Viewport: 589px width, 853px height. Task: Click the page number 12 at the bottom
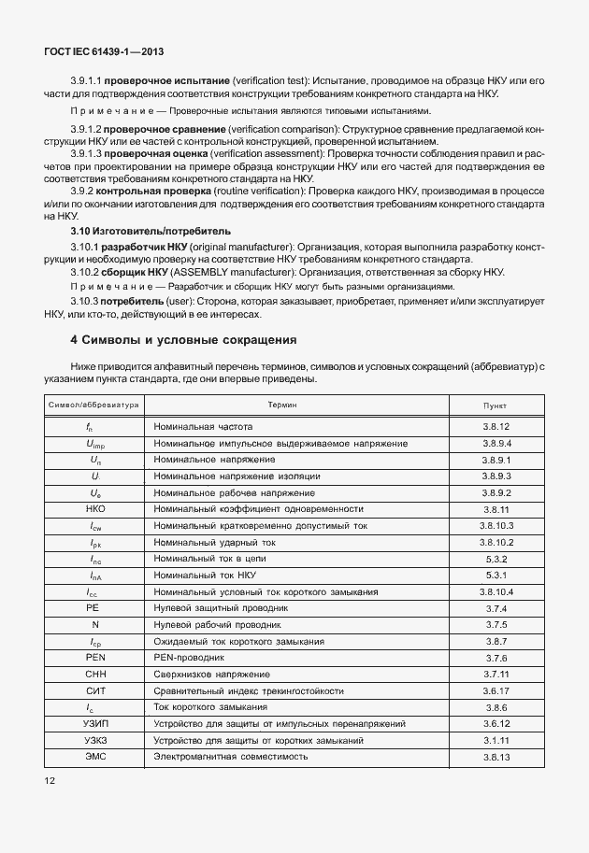tap(50, 778)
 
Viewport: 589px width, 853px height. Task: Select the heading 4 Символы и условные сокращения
tap(183, 339)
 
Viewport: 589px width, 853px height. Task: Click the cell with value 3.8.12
tap(496, 427)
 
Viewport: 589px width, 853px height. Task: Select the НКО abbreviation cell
tap(94, 509)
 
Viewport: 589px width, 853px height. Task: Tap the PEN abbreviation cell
tap(94, 658)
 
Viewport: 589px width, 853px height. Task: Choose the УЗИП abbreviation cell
tap(94, 724)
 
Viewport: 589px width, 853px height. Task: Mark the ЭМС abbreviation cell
tap(94, 757)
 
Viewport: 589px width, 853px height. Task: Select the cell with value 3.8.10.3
tap(496, 526)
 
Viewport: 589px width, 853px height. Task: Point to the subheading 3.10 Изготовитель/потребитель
tap(151, 230)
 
